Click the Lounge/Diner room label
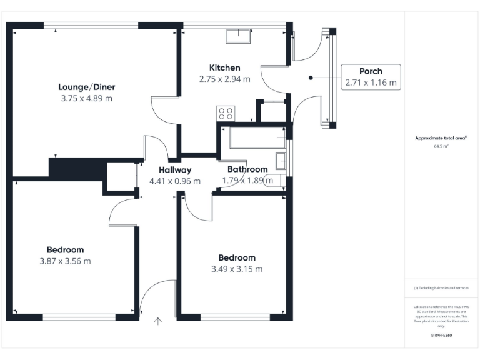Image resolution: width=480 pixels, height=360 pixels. (x=87, y=87)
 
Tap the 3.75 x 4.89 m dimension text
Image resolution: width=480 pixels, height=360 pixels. (x=87, y=98)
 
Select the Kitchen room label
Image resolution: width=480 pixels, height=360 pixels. (x=224, y=67)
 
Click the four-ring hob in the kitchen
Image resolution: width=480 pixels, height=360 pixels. (x=226, y=113)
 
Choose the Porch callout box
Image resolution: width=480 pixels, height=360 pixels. (x=371, y=77)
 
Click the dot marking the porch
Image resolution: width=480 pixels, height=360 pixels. (x=311, y=77)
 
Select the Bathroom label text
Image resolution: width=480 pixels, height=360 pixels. (x=247, y=169)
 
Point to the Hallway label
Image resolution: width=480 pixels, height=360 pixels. (x=174, y=170)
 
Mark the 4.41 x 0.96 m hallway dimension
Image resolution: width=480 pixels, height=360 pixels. (x=174, y=181)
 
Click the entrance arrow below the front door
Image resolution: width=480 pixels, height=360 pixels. (x=158, y=322)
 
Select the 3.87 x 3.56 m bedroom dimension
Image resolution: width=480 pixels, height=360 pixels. (x=65, y=261)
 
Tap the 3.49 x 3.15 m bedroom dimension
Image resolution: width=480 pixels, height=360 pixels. (x=236, y=269)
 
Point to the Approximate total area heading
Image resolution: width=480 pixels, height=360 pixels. (x=442, y=138)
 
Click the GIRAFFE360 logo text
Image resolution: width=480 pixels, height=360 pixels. (x=441, y=336)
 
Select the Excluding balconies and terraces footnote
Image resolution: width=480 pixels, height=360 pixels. (x=441, y=288)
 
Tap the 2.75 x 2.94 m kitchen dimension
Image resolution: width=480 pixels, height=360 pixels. (x=224, y=79)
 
